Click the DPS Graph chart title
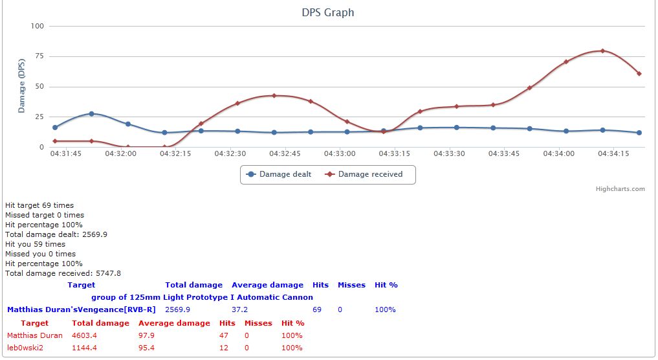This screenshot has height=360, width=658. point(328,12)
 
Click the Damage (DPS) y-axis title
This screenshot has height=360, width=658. point(22,87)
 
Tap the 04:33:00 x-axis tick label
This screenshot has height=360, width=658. point(340,154)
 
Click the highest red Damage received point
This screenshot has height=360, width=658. point(602,51)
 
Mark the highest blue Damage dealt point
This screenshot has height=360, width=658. point(91,113)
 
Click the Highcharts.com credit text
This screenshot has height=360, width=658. point(620,189)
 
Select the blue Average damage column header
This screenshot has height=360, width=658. point(267,285)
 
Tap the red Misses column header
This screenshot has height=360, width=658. point(258,323)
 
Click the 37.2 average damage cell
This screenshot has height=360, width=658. point(240,309)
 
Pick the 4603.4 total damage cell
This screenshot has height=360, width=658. point(84,335)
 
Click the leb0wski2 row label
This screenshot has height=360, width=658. point(26,348)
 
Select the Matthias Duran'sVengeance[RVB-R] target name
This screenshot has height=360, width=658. point(82,309)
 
